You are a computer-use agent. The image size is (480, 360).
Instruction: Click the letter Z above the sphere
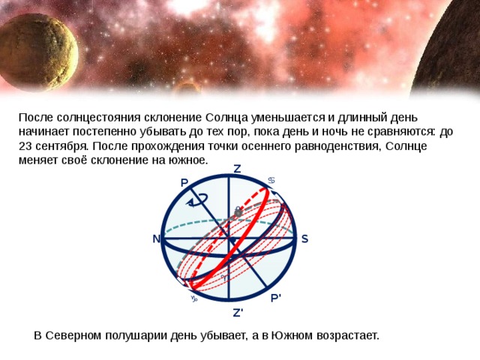[x=237, y=169]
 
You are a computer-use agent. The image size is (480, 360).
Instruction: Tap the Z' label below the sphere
[x=238, y=312]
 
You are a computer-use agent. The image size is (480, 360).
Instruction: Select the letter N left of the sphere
[x=156, y=239]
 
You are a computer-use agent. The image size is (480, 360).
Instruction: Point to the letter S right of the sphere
[x=305, y=239]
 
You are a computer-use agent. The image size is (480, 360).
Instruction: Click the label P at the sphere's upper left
[x=184, y=184]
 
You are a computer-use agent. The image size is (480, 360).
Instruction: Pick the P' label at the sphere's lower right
[x=277, y=298]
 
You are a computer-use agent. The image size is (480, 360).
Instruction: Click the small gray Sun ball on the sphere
[x=238, y=213]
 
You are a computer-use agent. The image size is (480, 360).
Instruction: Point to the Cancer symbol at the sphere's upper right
[x=272, y=179]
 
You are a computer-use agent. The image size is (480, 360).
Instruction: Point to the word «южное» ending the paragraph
[x=189, y=160]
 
